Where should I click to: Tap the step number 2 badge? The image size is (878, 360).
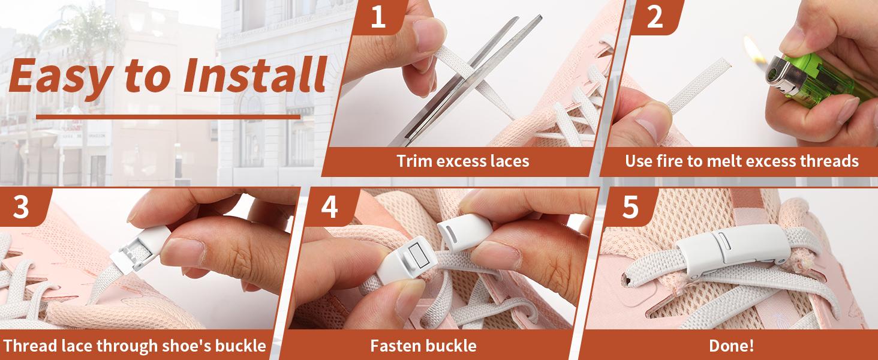tap(655, 17)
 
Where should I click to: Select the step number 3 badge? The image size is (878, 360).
tap(21, 207)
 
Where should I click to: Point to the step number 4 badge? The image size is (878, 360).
tap(329, 207)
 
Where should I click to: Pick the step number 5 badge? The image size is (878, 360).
tap(630, 207)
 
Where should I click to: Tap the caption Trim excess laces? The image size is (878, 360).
tap(462, 161)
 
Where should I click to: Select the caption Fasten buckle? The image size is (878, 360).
tap(423, 346)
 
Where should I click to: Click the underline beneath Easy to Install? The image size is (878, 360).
tap(168, 116)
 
